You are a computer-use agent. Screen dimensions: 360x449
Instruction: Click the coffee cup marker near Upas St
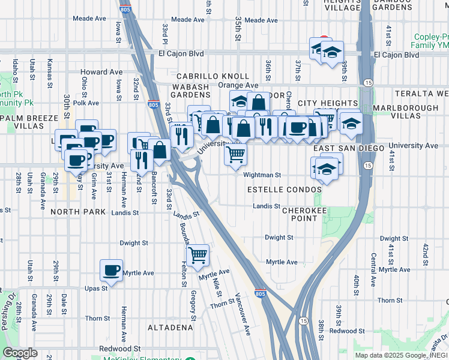tap(110, 270)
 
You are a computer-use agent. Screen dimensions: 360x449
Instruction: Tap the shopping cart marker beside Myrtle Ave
tap(197, 255)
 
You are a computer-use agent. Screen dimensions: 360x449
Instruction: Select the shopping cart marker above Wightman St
tap(235, 154)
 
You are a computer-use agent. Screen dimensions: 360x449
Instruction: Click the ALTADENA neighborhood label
tap(171, 328)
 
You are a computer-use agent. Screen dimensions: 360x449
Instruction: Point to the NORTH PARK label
tap(78, 212)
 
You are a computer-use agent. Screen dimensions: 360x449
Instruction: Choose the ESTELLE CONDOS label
tap(285, 190)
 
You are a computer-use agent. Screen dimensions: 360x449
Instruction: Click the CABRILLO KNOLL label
tap(212, 76)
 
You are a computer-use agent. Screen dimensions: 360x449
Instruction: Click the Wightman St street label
tap(262, 175)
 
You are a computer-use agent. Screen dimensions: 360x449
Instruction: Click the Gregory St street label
tap(193, 305)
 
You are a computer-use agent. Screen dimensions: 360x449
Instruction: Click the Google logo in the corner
tap(20, 353)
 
